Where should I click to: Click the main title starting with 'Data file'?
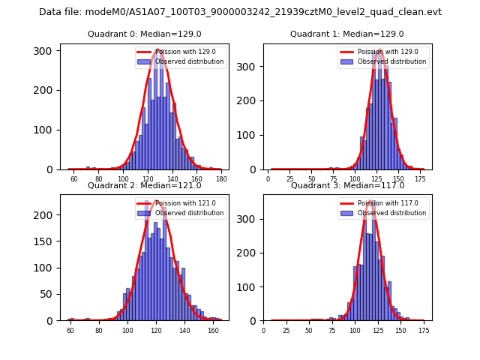240,12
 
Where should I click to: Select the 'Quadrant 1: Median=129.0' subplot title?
347,34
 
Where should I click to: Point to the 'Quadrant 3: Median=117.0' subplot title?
347,185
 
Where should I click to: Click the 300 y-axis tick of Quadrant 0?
49,50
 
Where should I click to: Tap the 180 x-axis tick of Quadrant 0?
221,179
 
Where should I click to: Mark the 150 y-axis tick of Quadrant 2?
49,241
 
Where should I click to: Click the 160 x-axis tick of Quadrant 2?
213,330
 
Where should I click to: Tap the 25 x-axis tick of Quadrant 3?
286,330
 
